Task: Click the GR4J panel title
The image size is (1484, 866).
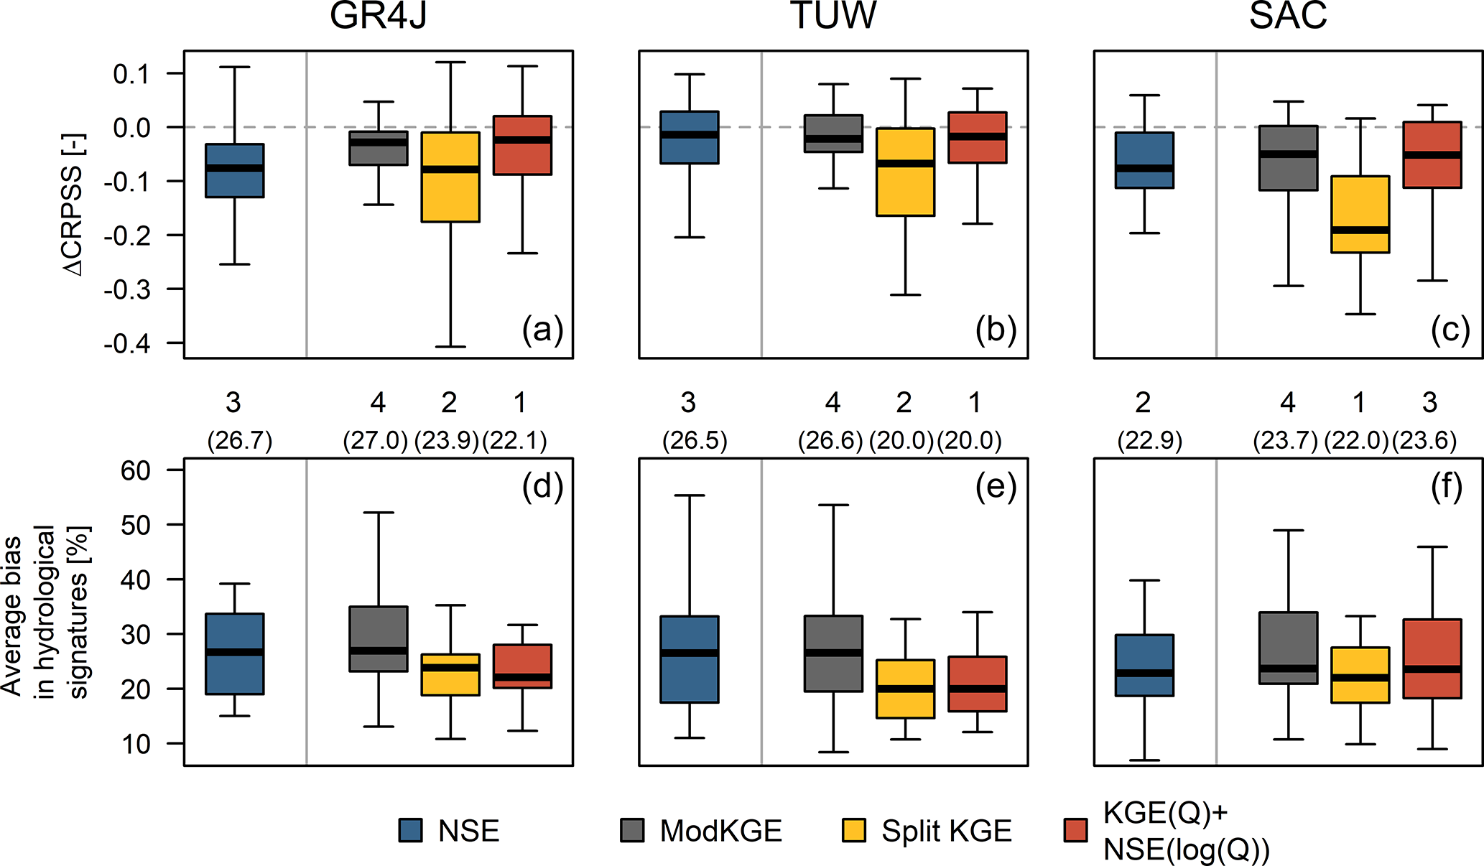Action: coord(378,16)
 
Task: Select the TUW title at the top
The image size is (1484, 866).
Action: coord(833,16)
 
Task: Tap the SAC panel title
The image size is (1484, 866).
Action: coord(1288,16)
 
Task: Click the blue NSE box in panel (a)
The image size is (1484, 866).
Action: coord(235,170)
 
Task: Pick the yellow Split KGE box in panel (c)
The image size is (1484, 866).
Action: coord(1360,214)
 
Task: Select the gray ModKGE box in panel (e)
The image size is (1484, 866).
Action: coord(833,653)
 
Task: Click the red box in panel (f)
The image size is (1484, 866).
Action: coord(1432,658)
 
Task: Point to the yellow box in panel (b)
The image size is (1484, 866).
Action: coord(905,172)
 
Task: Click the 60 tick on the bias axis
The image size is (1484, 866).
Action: coord(136,470)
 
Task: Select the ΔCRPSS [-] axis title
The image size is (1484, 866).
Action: coord(74,205)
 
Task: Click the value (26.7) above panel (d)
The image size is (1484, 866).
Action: coord(240,441)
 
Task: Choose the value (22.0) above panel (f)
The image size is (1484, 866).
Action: coord(1356,441)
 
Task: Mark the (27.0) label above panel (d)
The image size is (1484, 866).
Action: coord(376,441)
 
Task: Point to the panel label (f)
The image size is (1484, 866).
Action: coord(1447,487)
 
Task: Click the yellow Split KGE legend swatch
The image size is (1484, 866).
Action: coord(853,830)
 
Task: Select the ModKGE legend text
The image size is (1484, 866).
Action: coord(720,831)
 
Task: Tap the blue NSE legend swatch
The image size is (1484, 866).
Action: coord(411,830)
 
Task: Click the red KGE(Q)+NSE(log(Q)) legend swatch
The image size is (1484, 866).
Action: coord(1075,830)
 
